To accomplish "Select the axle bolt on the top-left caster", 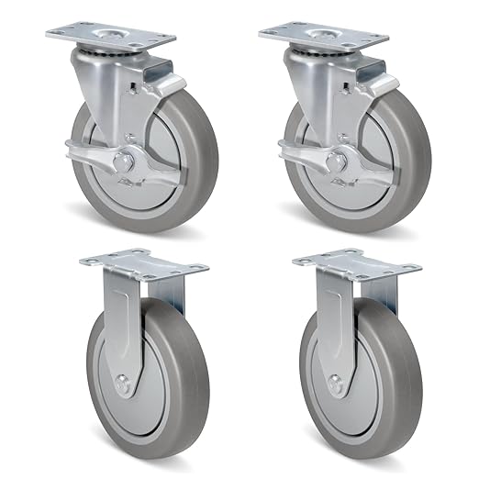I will pyautogui.click(x=120, y=162).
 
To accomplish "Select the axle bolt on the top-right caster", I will pyautogui.click(x=332, y=162).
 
